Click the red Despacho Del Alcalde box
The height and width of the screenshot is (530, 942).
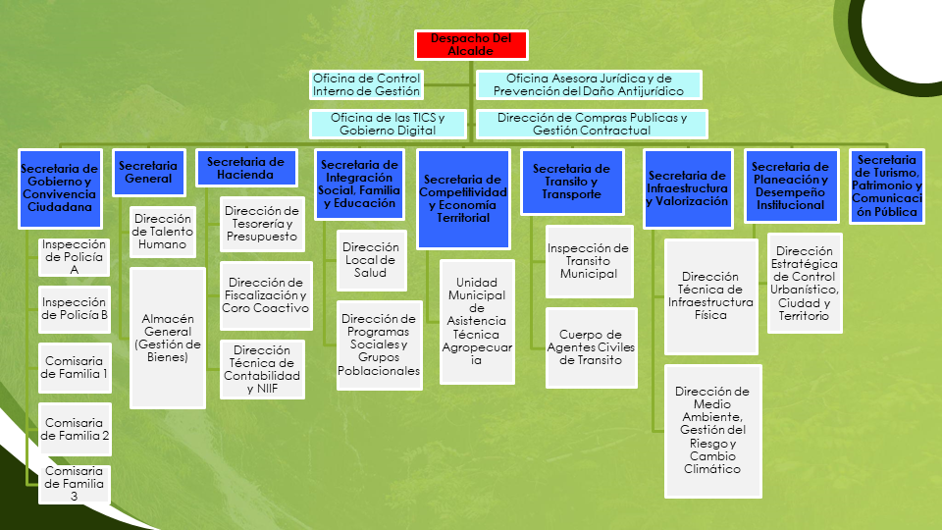tap(471, 45)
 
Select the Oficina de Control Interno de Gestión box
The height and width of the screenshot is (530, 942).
tap(366, 84)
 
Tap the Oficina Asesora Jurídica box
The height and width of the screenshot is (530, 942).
tap(589, 84)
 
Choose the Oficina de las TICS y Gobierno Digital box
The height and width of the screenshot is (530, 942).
tap(388, 124)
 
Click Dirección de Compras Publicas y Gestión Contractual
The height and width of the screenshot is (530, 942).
tap(592, 124)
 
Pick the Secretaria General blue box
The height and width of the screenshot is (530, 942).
tap(148, 173)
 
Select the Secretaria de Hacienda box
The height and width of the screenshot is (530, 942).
tap(245, 168)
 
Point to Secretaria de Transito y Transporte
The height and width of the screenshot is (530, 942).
tap(572, 182)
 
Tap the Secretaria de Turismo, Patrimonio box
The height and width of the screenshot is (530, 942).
tap(887, 186)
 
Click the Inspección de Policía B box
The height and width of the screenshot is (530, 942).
tap(75, 309)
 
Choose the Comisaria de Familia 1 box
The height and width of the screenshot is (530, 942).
tap(75, 368)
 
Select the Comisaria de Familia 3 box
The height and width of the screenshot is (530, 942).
tap(75, 484)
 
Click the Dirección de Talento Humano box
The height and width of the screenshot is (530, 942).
tap(163, 232)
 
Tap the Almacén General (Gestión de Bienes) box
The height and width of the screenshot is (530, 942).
tap(168, 338)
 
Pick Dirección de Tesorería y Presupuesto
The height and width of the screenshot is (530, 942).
tap(262, 224)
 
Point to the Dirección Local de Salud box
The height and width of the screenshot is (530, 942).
tap(371, 259)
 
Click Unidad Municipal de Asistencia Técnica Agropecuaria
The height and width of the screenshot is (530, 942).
tap(477, 322)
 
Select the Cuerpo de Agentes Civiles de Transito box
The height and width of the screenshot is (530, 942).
tap(591, 347)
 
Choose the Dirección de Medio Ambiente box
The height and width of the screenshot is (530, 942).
tap(712, 431)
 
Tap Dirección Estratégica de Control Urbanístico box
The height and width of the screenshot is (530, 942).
tap(805, 283)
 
